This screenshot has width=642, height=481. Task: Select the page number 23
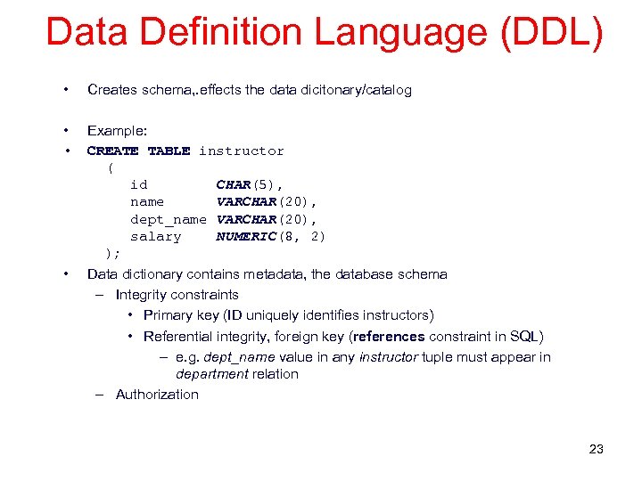coord(596,449)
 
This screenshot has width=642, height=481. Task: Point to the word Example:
coord(117,130)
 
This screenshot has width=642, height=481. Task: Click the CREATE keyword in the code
coord(112,151)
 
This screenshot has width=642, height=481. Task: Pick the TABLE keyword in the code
coord(169,151)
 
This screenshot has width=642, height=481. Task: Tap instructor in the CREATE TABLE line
coord(241,151)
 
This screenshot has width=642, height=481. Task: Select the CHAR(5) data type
coord(249,184)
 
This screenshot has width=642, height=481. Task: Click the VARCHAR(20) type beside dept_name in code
coord(267,219)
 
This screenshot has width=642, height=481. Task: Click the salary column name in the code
coord(155,236)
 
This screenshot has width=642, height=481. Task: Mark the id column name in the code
coord(139,184)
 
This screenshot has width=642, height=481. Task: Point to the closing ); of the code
coord(112,254)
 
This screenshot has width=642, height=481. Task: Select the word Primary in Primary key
coord(168,315)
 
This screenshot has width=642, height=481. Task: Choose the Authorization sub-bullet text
coord(157,395)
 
